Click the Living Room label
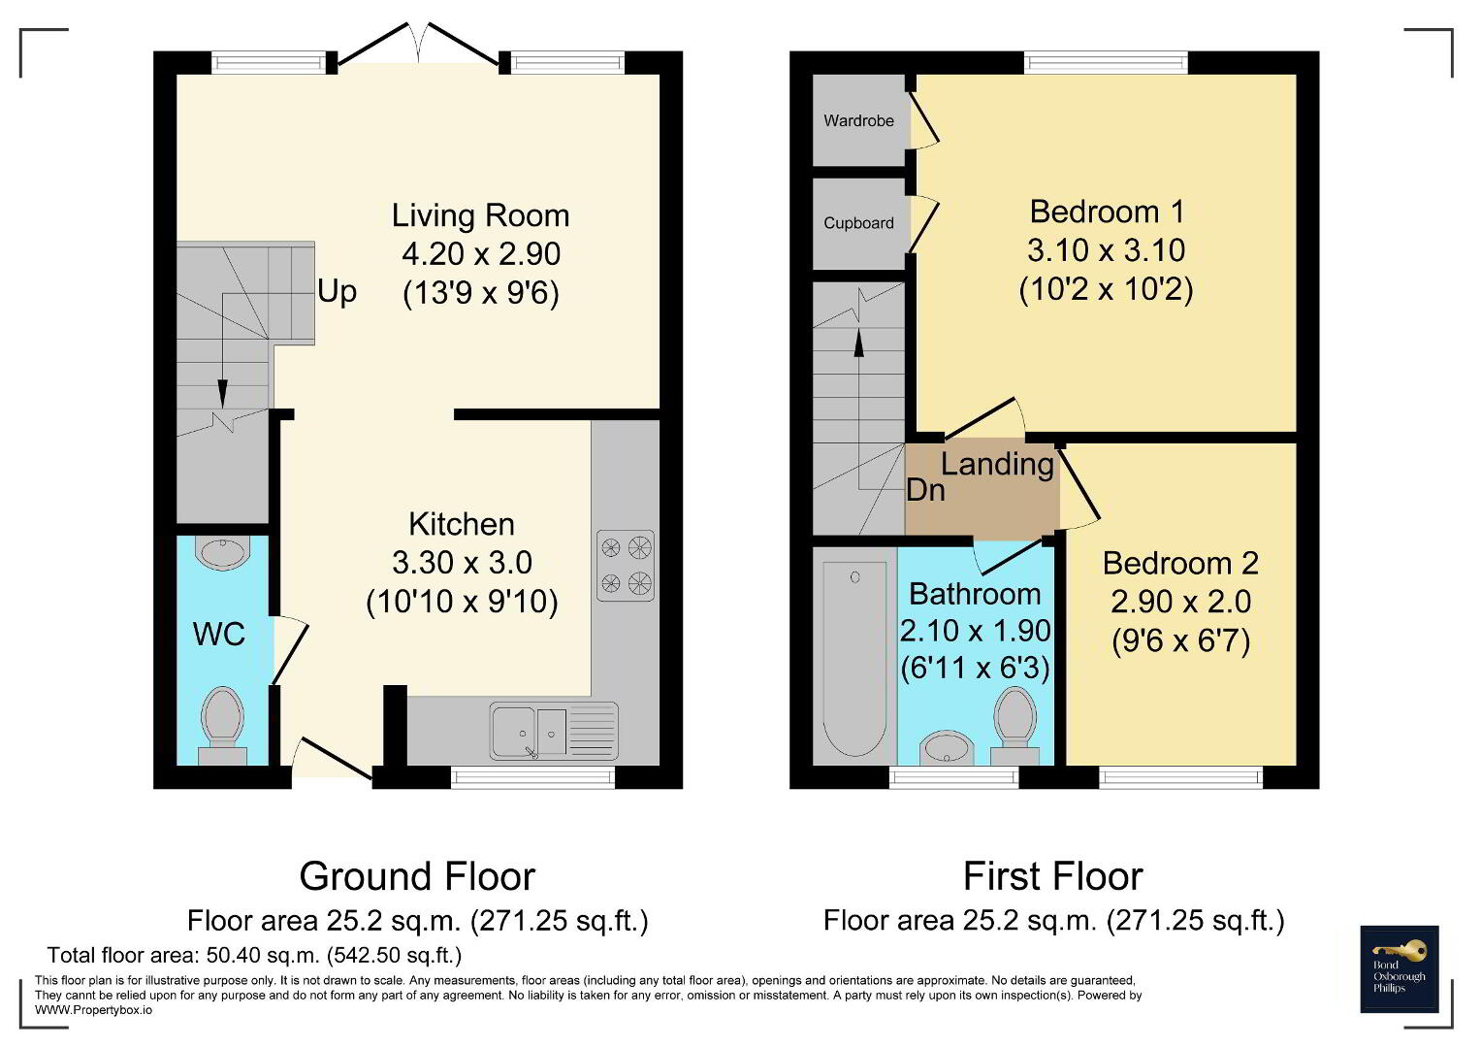pyautogui.click(x=481, y=215)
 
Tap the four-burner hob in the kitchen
pyautogui.click(x=626, y=566)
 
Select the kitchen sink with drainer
pyautogui.click(x=554, y=731)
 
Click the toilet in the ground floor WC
pyautogui.click(x=223, y=727)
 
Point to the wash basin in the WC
pyautogui.click(x=223, y=553)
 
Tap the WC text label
pyautogui.click(x=219, y=635)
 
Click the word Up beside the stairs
pyautogui.click(x=338, y=292)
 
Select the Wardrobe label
pyautogui.click(x=859, y=120)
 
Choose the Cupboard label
pyautogui.click(x=859, y=223)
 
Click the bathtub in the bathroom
pyautogui.click(x=854, y=658)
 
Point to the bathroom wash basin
pyautogui.click(x=949, y=748)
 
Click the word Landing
pyautogui.click(x=998, y=465)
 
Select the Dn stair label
pyautogui.click(x=925, y=490)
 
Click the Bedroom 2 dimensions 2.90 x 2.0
pyautogui.click(x=1181, y=602)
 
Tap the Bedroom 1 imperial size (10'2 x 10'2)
pyautogui.click(x=1106, y=289)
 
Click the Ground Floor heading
pyautogui.click(x=417, y=876)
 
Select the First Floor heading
pyautogui.click(x=1053, y=876)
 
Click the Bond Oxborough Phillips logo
pyautogui.click(x=1400, y=969)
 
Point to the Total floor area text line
pyautogui.click(x=254, y=956)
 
